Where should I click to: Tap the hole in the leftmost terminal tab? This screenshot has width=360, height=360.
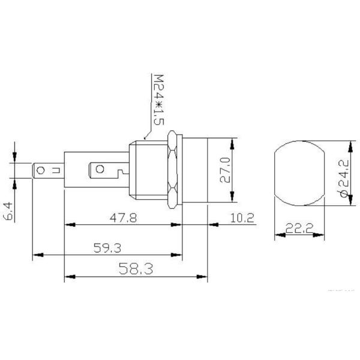click(x=40, y=171)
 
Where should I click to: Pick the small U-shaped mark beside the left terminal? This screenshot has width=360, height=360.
click(x=55, y=171)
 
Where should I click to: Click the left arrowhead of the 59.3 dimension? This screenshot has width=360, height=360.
click(x=34, y=254)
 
